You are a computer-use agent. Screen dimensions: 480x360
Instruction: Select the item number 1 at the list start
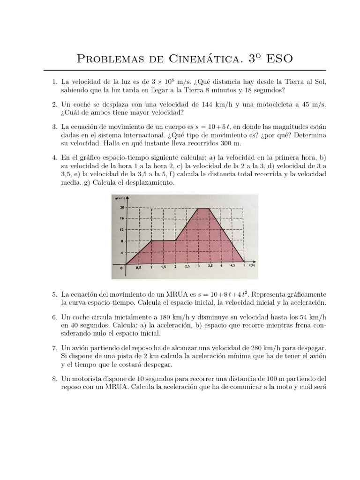point(54,82)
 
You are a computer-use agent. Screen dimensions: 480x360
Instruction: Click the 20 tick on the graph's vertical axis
point(122,207)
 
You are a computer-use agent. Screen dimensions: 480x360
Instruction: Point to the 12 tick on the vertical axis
point(122,229)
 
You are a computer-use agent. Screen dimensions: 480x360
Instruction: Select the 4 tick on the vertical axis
point(123,252)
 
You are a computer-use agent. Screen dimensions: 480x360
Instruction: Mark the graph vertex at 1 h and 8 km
point(151,241)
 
